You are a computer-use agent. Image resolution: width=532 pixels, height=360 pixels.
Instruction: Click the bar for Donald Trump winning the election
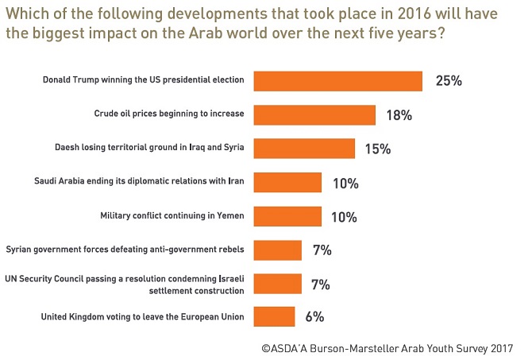(x=337, y=81)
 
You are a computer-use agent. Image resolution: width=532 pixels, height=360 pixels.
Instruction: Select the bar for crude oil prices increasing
(x=314, y=115)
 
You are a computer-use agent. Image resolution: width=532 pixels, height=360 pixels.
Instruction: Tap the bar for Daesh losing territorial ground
(x=304, y=149)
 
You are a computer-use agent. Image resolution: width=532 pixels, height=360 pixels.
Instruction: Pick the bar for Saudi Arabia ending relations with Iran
(x=287, y=183)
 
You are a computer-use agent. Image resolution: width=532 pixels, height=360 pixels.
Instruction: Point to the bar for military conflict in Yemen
(x=287, y=216)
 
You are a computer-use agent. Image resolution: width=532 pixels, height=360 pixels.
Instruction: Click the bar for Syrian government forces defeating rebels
(x=278, y=250)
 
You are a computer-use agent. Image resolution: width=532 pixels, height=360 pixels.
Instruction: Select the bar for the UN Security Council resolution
(x=278, y=284)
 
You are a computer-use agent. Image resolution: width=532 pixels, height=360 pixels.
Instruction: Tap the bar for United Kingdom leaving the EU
(x=274, y=318)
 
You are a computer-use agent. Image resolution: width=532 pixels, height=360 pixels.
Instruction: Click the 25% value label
(x=449, y=81)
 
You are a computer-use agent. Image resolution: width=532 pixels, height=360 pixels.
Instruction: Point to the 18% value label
(x=399, y=115)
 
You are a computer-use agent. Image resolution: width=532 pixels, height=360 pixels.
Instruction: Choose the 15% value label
(x=379, y=149)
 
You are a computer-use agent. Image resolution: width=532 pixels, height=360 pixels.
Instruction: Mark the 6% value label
(x=314, y=318)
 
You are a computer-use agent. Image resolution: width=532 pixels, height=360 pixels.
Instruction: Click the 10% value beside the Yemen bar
(x=345, y=216)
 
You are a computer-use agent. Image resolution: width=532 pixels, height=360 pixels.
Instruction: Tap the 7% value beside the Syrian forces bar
(x=322, y=250)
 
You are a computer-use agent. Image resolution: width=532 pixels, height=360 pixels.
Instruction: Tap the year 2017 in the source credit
(x=499, y=347)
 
